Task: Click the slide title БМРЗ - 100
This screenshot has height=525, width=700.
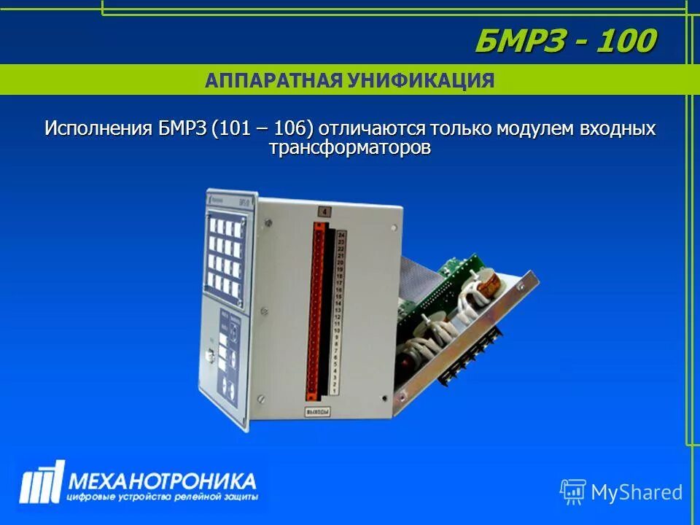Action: coord(565,41)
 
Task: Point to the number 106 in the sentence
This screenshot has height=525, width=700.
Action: coord(292,128)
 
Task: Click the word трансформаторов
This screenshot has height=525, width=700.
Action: coord(349,147)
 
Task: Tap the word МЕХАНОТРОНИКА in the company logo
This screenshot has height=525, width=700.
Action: coord(161,481)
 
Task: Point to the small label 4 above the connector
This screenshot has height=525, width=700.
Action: coord(324,213)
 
